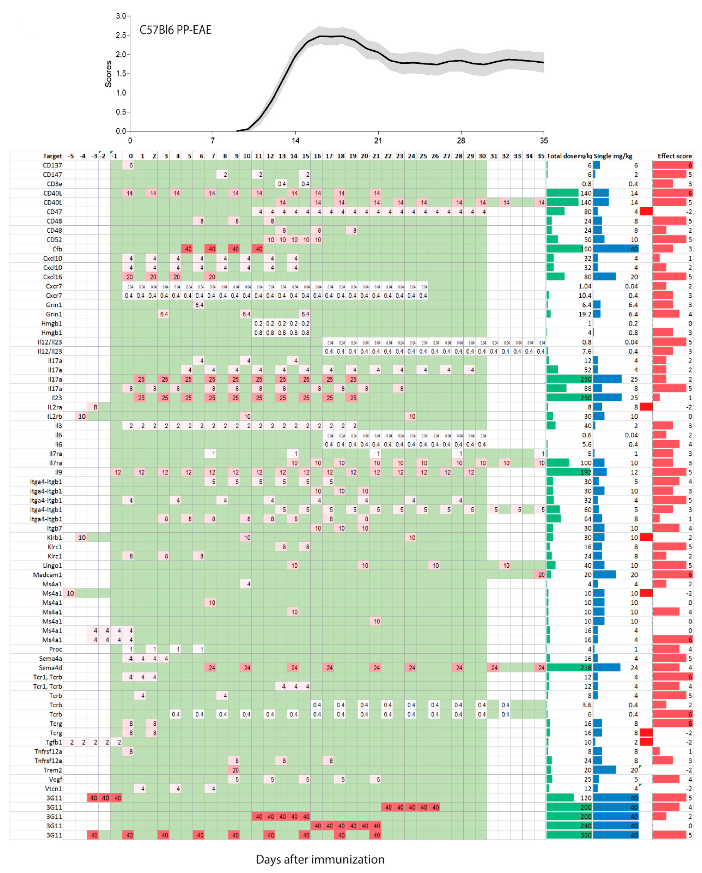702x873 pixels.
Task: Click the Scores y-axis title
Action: click(108, 74)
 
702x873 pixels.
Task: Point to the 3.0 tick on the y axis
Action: click(121, 16)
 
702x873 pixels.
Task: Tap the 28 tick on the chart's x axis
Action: click(461, 141)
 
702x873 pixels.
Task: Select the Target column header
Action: click(53, 156)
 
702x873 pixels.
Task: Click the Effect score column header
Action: click(675, 156)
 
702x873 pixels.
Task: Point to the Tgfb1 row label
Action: click(54, 742)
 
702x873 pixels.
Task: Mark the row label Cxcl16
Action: click(53, 277)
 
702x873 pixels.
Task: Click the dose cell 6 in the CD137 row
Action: click(131, 165)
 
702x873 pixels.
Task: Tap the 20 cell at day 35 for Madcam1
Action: click(541, 575)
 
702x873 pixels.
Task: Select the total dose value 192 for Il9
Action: click(586, 472)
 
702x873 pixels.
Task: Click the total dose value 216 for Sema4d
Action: click(586, 668)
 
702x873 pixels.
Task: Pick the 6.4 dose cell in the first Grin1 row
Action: click(199, 305)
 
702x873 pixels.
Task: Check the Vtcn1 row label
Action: click(53, 789)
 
